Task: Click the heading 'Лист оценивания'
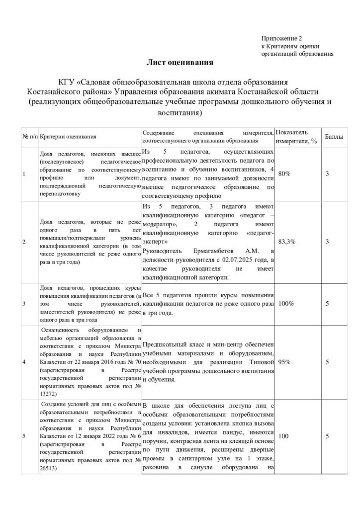click(x=180, y=63)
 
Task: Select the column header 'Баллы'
click(x=333, y=136)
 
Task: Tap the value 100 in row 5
click(x=284, y=436)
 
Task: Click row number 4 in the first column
click(x=24, y=361)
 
